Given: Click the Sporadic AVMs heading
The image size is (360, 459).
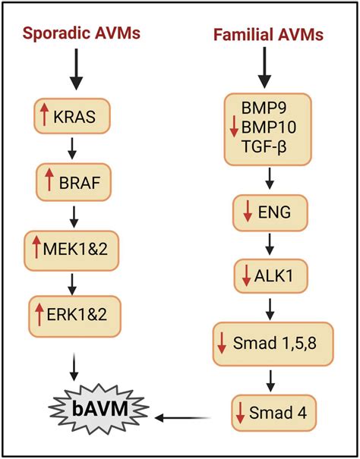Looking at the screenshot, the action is click(x=81, y=33).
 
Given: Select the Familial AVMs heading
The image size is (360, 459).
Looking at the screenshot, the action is click(x=268, y=35).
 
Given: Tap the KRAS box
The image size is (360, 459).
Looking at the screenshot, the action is click(x=72, y=116).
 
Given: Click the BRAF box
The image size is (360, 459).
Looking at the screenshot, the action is click(x=74, y=182).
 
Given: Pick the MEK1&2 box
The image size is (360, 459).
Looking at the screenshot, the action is click(x=71, y=250).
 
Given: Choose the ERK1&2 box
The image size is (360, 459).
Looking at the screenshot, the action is click(x=74, y=316).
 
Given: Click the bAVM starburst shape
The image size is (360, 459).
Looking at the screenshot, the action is click(x=99, y=408).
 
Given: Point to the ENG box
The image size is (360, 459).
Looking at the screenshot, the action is click(x=270, y=213).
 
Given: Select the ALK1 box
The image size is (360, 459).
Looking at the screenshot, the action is click(x=271, y=276).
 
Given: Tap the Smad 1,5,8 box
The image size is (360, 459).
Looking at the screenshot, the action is click(x=273, y=344).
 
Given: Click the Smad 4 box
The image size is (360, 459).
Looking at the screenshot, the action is click(x=274, y=413).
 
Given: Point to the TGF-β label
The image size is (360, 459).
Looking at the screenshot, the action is click(x=264, y=146).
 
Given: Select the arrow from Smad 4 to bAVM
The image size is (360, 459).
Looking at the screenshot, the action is click(x=183, y=418).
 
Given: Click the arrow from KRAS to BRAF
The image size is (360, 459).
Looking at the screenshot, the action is click(x=72, y=149).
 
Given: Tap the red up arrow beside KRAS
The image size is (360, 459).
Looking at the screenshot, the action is click(x=44, y=115).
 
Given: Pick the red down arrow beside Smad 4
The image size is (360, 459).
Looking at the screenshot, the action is click(x=241, y=413).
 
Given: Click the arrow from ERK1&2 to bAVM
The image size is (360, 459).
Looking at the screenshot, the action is click(x=74, y=367).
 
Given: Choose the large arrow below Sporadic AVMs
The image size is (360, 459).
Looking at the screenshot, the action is click(x=76, y=69).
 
